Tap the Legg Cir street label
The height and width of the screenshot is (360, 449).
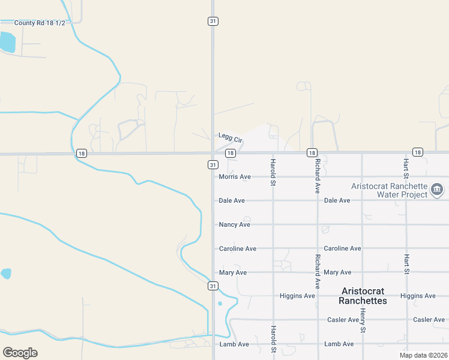tap(230, 137)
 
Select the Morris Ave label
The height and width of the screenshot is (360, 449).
tap(235, 177)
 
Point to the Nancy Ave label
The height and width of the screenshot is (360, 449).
tap(235, 224)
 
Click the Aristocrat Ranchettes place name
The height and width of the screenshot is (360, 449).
tap(363, 296)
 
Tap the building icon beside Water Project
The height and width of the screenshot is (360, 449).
tap(437, 192)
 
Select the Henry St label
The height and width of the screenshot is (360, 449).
tap(363, 320)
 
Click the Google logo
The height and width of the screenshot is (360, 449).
tap(20, 352)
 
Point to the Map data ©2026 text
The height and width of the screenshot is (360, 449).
tap(423, 355)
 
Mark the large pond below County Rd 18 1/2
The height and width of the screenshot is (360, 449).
tap(7, 43)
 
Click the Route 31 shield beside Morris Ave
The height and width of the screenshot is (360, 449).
tap(213, 164)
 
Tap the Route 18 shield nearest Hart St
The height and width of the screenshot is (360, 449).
tap(417, 152)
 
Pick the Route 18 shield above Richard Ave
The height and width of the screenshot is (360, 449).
tap(312, 153)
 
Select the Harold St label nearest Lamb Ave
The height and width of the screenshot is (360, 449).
tap(273, 338)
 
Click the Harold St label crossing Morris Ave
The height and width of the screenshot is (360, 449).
tap(273, 172)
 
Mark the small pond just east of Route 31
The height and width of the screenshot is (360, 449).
tap(220, 304)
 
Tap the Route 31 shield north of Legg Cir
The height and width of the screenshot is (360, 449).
tap(213, 21)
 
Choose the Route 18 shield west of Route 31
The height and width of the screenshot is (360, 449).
tap(82, 154)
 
